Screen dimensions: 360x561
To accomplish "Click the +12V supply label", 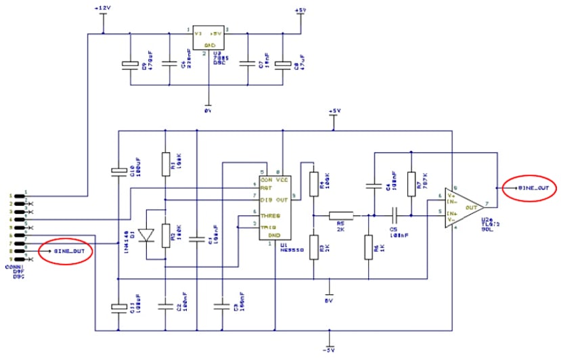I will (x=103, y=7).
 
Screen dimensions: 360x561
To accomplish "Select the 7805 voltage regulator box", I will (x=208, y=38).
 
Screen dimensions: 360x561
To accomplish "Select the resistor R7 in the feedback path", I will (x=410, y=181).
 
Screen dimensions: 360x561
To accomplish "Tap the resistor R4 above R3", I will (x=313, y=182).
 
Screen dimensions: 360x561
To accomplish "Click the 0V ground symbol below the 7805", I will (x=208, y=108).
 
